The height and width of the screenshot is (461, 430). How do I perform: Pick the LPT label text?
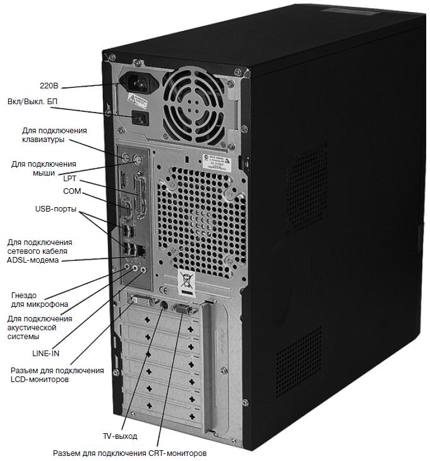[x=69, y=179]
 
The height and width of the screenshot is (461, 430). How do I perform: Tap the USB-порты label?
[x=56, y=208]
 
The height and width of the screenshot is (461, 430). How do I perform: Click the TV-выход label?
[x=119, y=436]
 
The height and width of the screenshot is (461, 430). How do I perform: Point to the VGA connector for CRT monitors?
[x=179, y=309]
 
